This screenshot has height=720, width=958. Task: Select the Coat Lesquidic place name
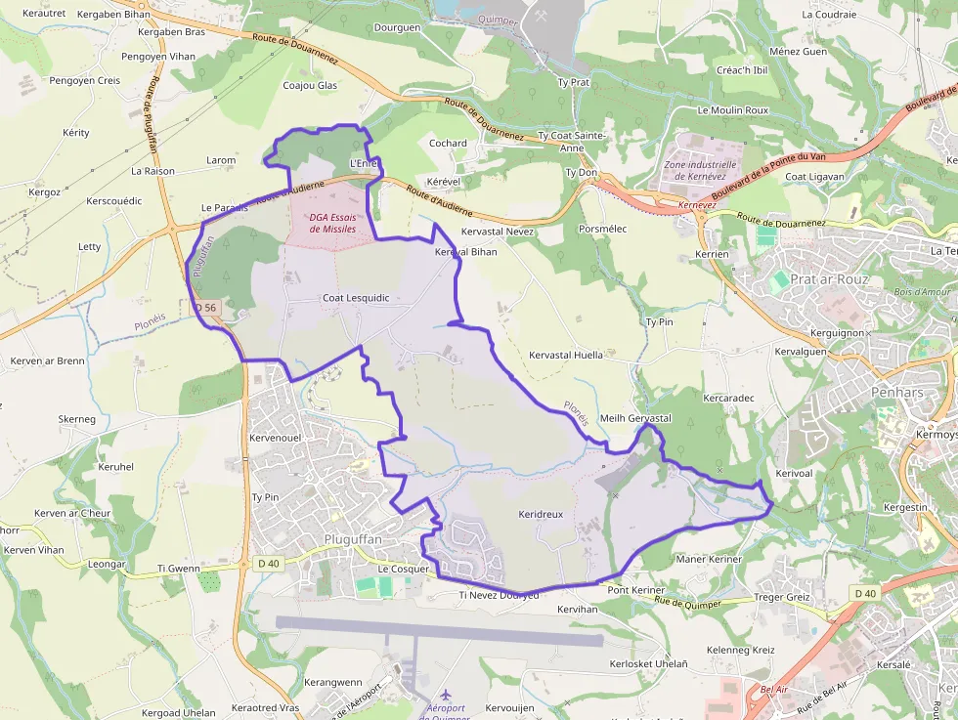pos(356,298)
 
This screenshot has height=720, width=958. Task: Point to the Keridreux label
pos(541,514)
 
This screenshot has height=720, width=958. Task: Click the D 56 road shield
pos(205,308)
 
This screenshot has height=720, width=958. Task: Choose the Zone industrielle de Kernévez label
pos(700,170)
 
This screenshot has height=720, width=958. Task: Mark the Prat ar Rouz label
pos(829,278)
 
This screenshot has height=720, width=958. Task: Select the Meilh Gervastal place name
pos(635,418)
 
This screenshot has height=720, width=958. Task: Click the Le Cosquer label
pos(404,569)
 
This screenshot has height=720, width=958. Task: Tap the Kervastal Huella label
pos(565,355)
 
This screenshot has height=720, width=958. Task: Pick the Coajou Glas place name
pos(310,86)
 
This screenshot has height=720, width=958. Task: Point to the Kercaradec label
pos(729,399)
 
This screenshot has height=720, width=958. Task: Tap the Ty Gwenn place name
pos(178,568)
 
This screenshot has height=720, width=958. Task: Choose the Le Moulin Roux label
pos(733,110)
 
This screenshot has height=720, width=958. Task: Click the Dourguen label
pos(397,28)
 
